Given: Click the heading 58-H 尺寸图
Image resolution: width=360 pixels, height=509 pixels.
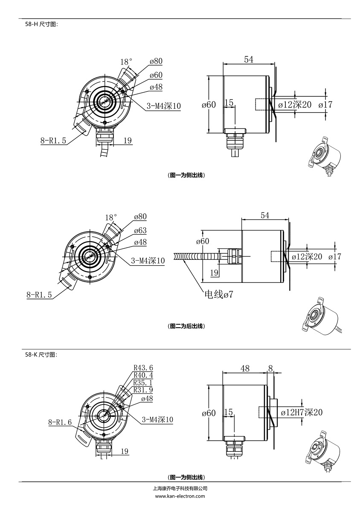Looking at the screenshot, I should point(41,24).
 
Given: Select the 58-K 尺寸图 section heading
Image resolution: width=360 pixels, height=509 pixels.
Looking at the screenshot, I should point(41,355).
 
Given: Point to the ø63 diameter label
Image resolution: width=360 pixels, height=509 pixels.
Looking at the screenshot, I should point(140,230).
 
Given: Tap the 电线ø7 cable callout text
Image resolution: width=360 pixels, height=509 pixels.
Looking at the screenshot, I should point(218,294).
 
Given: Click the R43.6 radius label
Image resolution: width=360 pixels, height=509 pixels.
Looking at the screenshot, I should point(143,368).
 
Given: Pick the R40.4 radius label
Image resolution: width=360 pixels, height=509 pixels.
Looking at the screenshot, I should point(143,375).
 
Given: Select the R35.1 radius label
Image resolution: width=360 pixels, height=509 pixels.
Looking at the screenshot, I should point(143,382).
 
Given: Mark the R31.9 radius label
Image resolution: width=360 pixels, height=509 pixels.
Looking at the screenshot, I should point(143,390).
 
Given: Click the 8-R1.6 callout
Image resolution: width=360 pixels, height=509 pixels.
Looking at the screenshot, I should point(60,422).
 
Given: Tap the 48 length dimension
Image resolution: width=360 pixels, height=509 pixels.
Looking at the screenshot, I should point(245,368).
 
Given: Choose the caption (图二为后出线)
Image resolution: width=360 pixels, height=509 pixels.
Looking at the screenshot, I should point(186,326).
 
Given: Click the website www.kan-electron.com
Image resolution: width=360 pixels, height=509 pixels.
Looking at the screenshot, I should point(180,496).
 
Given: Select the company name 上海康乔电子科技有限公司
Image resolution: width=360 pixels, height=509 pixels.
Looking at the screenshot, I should point(180,489).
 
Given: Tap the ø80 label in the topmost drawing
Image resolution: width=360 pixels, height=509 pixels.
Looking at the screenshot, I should point(156,61).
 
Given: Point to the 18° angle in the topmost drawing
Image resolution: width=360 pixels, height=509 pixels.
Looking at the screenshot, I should point(126,62).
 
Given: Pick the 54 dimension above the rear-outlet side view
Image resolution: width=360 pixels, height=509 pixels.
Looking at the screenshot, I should point(264,215).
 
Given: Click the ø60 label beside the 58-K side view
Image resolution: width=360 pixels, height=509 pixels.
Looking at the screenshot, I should point(209,413).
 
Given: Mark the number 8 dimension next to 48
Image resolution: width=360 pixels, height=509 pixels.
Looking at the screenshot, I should point(270,368).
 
